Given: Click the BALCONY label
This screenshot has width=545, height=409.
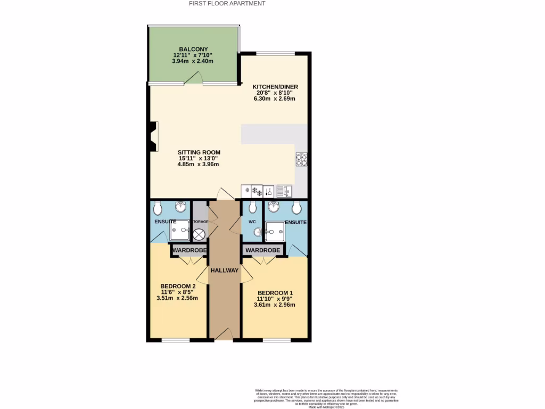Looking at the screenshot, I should [x=193, y=49].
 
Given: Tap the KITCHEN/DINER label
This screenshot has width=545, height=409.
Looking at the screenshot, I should [x=275, y=87].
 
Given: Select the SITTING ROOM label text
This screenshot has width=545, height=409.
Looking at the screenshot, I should [x=199, y=152].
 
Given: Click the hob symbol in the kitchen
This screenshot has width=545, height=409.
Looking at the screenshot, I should [x=301, y=159].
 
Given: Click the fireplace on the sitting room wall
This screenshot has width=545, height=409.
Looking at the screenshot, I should [x=153, y=137].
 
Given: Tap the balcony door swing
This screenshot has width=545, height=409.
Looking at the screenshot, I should [x=193, y=79].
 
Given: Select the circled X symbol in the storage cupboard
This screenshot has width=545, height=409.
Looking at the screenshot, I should [x=199, y=234].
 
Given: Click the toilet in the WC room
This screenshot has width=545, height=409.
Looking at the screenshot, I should [x=253, y=207].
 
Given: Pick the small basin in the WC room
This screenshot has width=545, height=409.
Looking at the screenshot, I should [x=259, y=232].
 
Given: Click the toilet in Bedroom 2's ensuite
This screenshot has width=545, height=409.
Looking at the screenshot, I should [x=159, y=207].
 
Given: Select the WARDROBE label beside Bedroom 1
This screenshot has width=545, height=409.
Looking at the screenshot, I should [x=263, y=250].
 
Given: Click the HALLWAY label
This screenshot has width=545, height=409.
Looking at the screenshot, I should [x=224, y=271].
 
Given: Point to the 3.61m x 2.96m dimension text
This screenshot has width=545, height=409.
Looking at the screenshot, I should [x=276, y=305].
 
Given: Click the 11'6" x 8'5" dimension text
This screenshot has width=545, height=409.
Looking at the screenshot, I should [x=177, y=291].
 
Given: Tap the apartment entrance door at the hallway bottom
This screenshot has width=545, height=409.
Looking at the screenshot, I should [x=224, y=334].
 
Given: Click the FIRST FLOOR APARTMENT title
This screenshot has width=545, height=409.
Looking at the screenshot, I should [x=227, y=4].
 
